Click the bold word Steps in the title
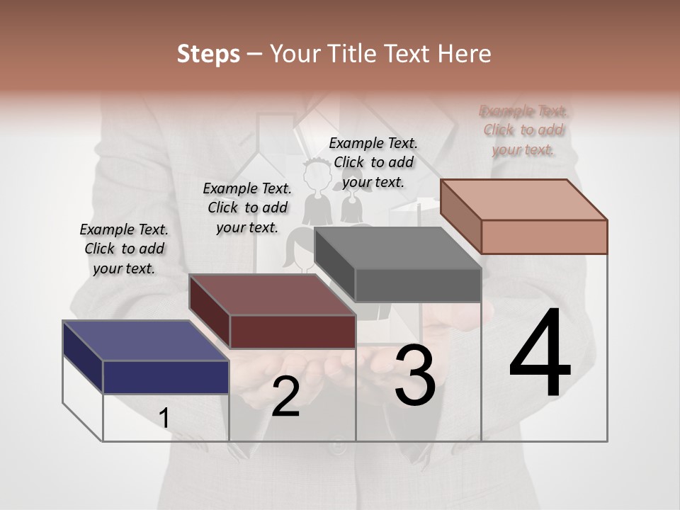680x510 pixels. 208,54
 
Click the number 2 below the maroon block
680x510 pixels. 285,397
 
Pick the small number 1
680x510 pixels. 164,419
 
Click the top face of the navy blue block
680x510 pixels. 145,340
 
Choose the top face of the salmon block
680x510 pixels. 523,199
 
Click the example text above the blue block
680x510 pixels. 124,249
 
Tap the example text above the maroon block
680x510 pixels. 247,208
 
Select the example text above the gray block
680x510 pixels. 373,162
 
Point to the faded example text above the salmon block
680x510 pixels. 523,130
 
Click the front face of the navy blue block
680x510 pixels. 166,377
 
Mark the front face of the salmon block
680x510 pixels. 544,237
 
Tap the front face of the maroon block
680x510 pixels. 292,331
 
